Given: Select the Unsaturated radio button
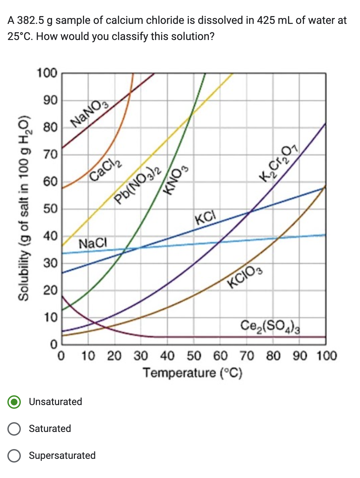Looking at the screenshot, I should pos(14,402).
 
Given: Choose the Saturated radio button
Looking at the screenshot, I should pos(14,429).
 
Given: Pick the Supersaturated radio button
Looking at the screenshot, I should pos(14,455).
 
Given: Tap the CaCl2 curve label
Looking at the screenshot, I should pos(105,170).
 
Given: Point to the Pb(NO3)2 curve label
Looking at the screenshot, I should pos(138,185).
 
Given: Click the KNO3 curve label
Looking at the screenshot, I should pos(176,180).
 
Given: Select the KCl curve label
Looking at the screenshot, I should pos(205,217).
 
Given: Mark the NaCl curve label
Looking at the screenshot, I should pos(93,243).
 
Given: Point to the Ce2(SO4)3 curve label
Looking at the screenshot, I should pos(270,325).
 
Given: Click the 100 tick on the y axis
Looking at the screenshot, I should pos(47,73).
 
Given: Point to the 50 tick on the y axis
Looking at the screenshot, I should pos(50,209).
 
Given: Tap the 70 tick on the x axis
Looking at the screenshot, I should pos(247,355).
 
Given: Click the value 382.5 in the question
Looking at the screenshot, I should pos(31,21).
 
